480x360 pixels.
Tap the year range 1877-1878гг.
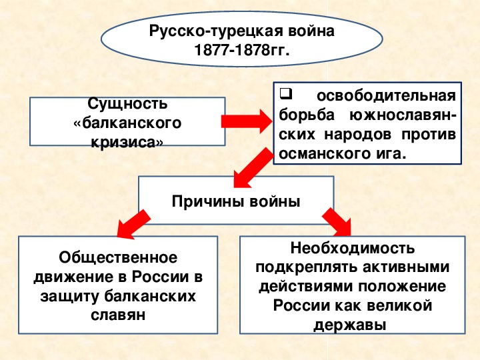click(x=242, y=50)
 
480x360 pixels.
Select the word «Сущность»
click(x=127, y=104)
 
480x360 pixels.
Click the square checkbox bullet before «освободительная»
click(x=286, y=94)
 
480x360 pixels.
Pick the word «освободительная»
click(x=386, y=96)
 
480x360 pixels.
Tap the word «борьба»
click(x=307, y=115)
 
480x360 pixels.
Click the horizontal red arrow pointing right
click(x=247, y=121)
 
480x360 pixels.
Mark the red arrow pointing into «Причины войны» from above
click(x=253, y=168)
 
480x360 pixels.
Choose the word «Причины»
click(x=208, y=202)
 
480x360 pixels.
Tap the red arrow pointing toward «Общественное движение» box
click(x=134, y=224)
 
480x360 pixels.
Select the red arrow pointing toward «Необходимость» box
click(x=337, y=222)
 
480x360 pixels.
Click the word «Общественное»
click(x=118, y=257)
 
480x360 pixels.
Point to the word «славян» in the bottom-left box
click(x=118, y=315)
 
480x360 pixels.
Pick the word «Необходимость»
click(x=353, y=248)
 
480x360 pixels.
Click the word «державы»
click(x=350, y=325)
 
